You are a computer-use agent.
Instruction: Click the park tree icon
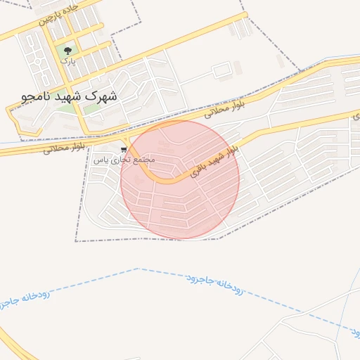(x=68, y=51)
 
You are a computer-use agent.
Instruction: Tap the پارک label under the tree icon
(x=67, y=62)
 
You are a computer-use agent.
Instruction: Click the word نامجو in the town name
(x=35, y=95)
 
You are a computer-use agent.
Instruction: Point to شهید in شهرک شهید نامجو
(x=69, y=95)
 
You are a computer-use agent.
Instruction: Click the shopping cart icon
(x=124, y=149)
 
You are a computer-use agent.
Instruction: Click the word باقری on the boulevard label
(x=200, y=167)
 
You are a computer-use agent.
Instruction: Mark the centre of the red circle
(x=180, y=179)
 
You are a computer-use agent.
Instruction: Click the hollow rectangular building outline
(x=221, y=71)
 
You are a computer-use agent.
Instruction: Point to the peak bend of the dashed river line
(x=139, y=269)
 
